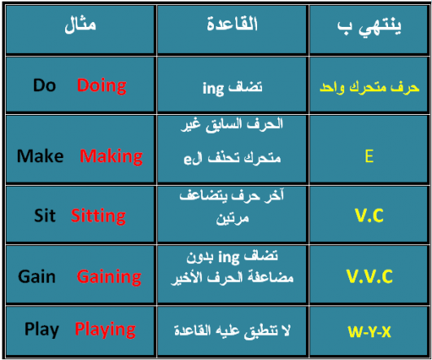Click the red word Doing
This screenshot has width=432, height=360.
(x=102, y=85)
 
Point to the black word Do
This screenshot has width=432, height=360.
(x=45, y=85)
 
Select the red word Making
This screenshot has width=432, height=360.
(x=111, y=156)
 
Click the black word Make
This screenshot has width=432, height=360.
(x=40, y=156)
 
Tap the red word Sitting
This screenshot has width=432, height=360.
(x=98, y=216)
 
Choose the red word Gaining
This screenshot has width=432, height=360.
(x=110, y=277)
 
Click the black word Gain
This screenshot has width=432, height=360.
(x=37, y=277)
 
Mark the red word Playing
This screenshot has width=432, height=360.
(x=105, y=329)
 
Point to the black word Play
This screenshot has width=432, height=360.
(x=41, y=329)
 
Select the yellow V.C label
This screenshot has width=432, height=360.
(x=370, y=216)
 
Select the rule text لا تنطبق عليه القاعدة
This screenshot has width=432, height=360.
(x=230, y=331)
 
